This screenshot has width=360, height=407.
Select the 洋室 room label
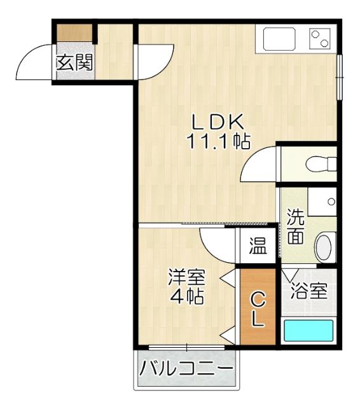(x=186, y=277)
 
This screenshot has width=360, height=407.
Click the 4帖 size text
(x=186, y=296)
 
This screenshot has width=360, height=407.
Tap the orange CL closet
(x=257, y=308)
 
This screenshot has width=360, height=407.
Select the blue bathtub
(x=308, y=332)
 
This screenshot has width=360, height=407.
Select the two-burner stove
(x=320, y=39)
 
